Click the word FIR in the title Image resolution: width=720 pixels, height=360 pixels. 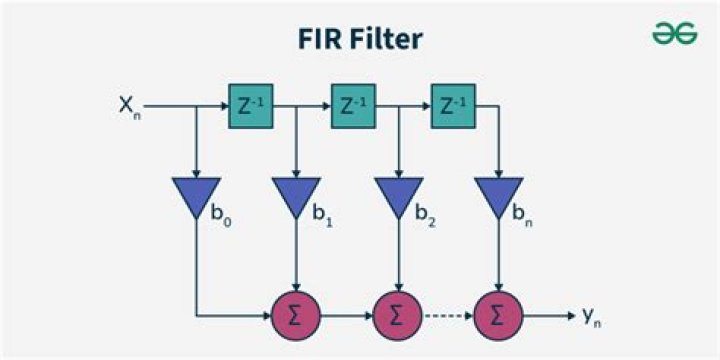[x=319, y=39]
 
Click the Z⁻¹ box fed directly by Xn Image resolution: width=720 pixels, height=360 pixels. [x=250, y=104]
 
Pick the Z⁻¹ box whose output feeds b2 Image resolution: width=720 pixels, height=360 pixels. [x=352, y=104]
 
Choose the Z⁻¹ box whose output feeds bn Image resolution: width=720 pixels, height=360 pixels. [x=453, y=104]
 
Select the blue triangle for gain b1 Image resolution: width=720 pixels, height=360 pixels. [x=296, y=194]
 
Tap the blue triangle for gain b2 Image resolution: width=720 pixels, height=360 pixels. [x=397, y=194]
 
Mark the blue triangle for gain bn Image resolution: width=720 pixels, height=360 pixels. [x=498, y=194]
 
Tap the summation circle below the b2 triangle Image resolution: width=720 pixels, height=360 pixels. [x=397, y=316]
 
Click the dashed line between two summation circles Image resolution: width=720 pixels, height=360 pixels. [x=447, y=316]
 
